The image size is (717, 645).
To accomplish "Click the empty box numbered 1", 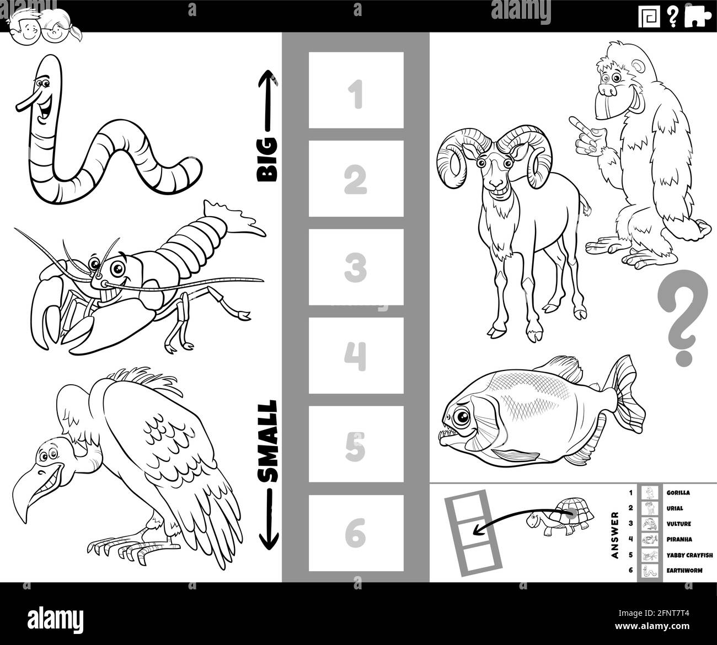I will (356, 90).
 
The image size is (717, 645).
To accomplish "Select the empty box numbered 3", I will (356, 267).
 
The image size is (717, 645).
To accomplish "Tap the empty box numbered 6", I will (356, 533).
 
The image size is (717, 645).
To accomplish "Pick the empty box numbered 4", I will (356, 356).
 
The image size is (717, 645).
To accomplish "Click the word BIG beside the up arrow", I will (268, 160).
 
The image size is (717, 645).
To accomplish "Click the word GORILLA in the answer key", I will (678, 493).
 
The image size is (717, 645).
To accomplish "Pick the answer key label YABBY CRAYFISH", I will (689, 555).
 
